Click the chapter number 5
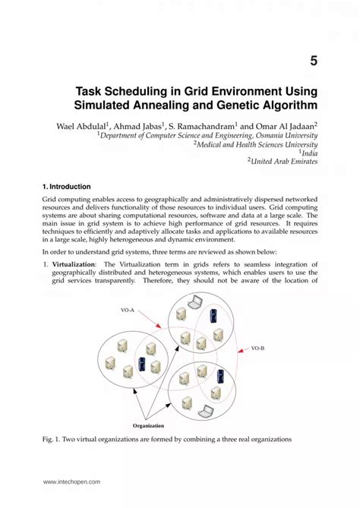pos(312,59)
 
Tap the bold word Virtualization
pos(74,263)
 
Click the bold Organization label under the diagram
pos(148,426)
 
